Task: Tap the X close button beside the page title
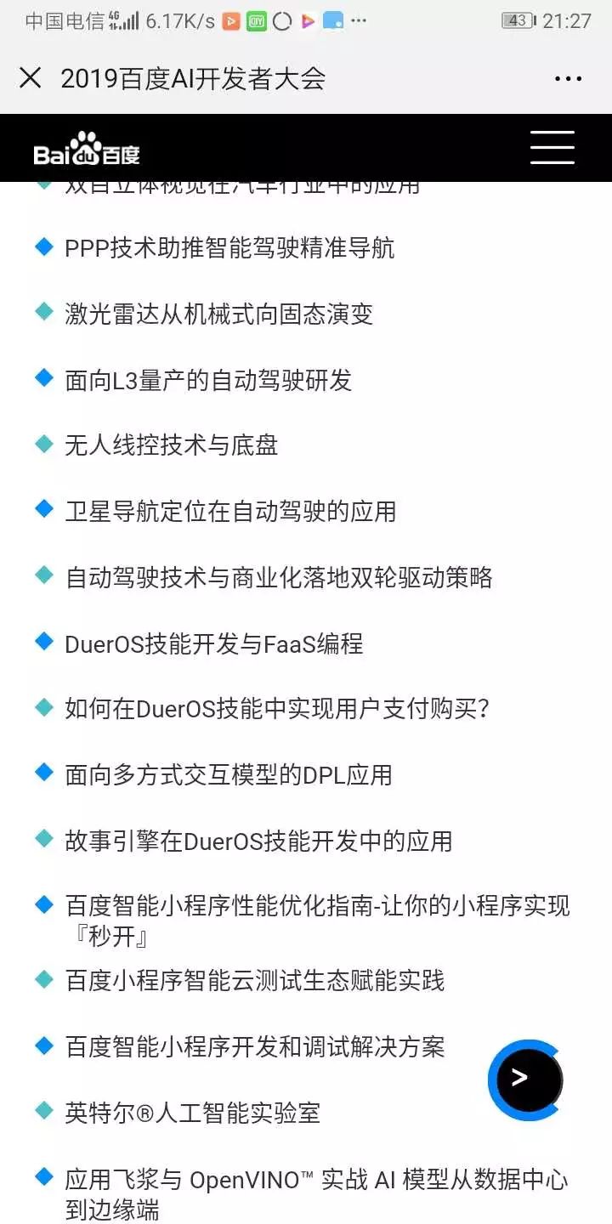[x=30, y=78]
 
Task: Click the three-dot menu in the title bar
[x=568, y=79]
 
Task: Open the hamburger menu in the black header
[x=552, y=147]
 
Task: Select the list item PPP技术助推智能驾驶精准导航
[x=229, y=248]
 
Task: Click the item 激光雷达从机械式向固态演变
[x=219, y=314]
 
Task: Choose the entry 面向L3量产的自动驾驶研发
[x=208, y=380]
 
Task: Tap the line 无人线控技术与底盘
[x=172, y=445]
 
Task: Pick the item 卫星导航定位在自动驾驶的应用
[x=230, y=511]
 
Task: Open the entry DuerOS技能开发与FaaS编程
[x=214, y=643]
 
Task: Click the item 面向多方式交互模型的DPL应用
[x=229, y=775]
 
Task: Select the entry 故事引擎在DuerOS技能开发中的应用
[x=258, y=841]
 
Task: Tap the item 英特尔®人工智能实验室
[x=193, y=1113]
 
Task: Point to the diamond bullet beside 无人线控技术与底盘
[x=44, y=444]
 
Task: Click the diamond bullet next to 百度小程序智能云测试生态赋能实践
[x=44, y=979]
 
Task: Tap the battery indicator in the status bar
[x=518, y=20]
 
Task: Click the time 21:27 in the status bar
[x=567, y=21]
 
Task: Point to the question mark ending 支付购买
[x=483, y=709]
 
